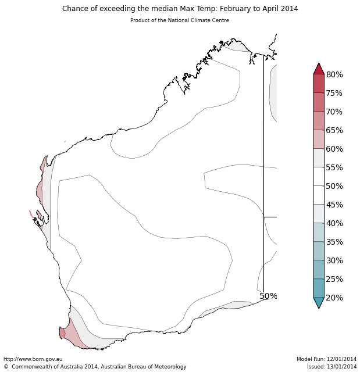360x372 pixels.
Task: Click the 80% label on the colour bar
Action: pyautogui.click(x=334, y=74)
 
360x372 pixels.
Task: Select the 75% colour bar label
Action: pyautogui.click(x=334, y=93)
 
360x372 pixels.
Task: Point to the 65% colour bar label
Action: pyautogui.click(x=334, y=130)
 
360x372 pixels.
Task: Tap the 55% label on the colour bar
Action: pyautogui.click(x=334, y=167)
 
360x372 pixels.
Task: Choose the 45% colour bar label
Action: pyautogui.click(x=334, y=205)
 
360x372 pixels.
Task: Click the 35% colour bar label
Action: pyautogui.click(x=334, y=242)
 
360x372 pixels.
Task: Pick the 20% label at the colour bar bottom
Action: pyautogui.click(x=334, y=298)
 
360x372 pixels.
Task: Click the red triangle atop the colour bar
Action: pyautogui.click(x=319, y=69)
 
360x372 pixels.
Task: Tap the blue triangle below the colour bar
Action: pyautogui.click(x=319, y=302)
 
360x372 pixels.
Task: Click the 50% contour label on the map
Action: pyautogui.click(x=268, y=296)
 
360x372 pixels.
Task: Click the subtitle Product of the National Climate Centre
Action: pyautogui.click(x=180, y=20)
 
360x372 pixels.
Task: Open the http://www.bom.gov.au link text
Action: pyautogui.click(x=33, y=359)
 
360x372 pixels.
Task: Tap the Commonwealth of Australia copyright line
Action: pyautogui.click(x=95, y=367)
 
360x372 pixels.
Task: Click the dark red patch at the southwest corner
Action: pyautogui.click(x=62, y=332)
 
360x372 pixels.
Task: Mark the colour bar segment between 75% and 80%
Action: pyautogui.click(x=319, y=84)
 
